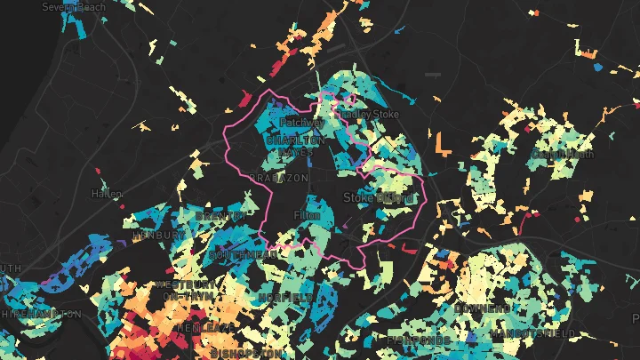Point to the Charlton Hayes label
tap(296, 146)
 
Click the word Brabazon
tap(279, 178)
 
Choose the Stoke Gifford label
tap(378, 197)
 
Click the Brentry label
tap(220, 216)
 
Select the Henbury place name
tap(149, 236)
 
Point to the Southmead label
tap(242, 254)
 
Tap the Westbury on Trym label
tap(185, 290)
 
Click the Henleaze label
tap(206, 327)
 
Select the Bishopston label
tap(248, 353)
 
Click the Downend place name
tap(481, 308)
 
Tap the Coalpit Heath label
tap(562, 154)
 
